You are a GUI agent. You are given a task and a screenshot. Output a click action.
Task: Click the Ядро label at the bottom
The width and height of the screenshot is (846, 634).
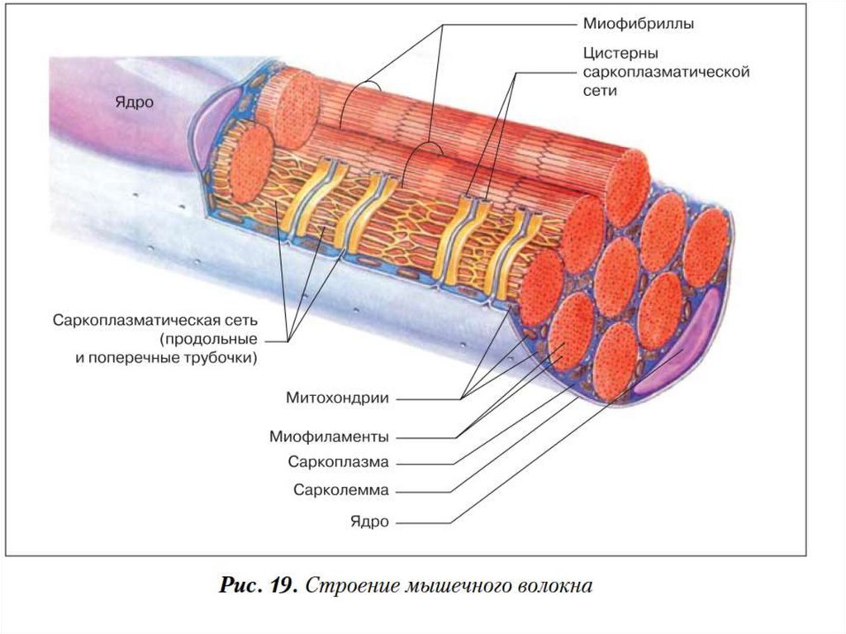coord(369,522)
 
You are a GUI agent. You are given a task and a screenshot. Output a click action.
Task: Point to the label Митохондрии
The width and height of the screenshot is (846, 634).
coord(338,398)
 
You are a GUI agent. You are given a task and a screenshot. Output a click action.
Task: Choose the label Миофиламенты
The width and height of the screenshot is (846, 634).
coord(329,436)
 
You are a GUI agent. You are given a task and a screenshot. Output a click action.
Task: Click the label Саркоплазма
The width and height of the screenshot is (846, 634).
coord(339,461)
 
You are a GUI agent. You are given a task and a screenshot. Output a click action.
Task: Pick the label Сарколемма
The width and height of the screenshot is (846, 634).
coord(340,489)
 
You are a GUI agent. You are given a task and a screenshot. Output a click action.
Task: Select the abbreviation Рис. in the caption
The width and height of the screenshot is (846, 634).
coord(241,586)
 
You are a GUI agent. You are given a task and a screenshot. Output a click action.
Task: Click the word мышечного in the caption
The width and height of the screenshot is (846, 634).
coord(450,586)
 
